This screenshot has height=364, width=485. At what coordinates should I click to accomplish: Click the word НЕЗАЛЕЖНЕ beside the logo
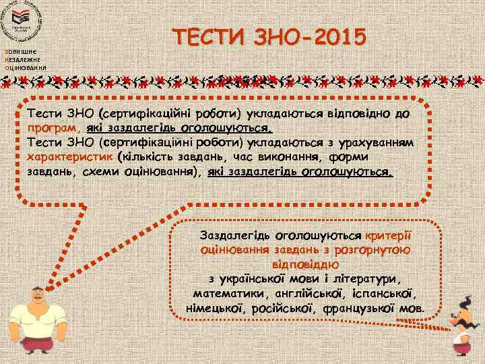tap(24, 60)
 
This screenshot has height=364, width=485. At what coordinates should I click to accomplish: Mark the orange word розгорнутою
tap(377, 250)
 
